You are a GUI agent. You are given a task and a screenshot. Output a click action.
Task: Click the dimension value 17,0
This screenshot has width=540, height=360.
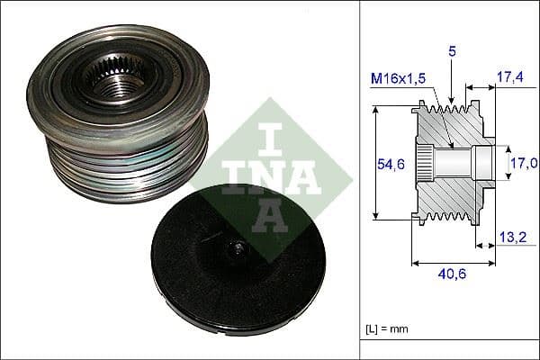[525, 163]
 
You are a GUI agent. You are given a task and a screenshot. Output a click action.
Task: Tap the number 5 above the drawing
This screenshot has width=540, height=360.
[453, 53]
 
